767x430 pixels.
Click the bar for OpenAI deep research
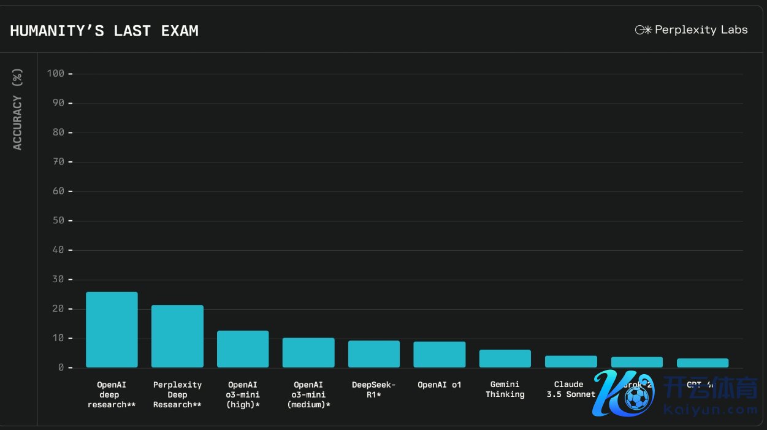[x=112, y=329]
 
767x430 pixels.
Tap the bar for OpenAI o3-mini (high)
[x=243, y=349]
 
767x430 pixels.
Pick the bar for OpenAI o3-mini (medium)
[x=308, y=353]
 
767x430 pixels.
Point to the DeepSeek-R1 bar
[x=374, y=354]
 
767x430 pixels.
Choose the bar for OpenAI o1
[x=440, y=355]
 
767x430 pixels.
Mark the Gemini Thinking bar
[x=505, y=359]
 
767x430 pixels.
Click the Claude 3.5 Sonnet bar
[x=571, y=361]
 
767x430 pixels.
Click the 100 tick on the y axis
[x=56, y=74]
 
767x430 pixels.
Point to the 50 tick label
[x=58, y=221]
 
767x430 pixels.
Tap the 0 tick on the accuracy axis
[x=61, y=367]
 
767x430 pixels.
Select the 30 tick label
[x=58, y=280]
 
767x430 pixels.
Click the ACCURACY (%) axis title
[x=17, y=110]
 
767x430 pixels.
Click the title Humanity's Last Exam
[x=104, y=31]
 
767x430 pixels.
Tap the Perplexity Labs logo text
[x=701, y=29]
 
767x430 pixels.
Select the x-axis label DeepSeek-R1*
[x=374, y=390]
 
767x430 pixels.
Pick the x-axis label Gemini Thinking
[x=505, y=390]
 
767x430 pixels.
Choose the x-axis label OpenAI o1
[x=440, y=385]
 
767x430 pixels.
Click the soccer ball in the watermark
[x=637, y=399]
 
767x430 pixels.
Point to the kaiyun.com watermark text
[x=711, y=409]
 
